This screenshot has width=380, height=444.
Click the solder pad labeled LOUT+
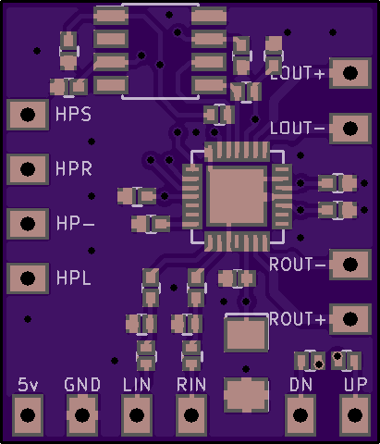(350, 73)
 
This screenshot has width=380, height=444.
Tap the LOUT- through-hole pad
(350, 129)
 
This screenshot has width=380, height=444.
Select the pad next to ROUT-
(350, 265)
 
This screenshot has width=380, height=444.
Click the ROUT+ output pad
(350, 319)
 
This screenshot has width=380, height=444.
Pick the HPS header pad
(28, 115)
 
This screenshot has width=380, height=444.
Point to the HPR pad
(28, 169)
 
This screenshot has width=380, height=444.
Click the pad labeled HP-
(28, 224)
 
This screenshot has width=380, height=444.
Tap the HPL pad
(28, 278)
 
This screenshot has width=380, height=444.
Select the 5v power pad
(28, 415)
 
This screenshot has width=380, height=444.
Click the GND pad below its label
(82, 415)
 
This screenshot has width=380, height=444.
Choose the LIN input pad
(137, 415)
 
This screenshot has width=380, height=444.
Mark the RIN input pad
(191, 415)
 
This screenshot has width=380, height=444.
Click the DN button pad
(300, 415)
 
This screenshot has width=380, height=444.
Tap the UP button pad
(355, 415)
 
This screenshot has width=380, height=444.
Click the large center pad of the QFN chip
(237, 195)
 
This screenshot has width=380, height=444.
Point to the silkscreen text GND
(82, 385)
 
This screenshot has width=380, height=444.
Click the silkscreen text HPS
(73, 114)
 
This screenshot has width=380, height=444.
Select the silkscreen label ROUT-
(297, 265)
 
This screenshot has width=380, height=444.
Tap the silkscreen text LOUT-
(297, 128)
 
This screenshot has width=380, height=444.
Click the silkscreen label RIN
(191, 385)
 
